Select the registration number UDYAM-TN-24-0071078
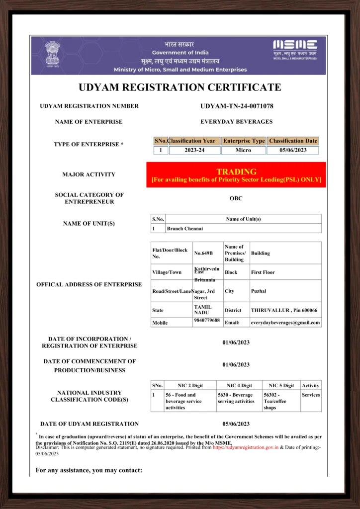237,106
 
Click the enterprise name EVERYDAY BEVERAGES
236,121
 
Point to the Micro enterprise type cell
243,150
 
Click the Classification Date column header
293,141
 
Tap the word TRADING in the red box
236,171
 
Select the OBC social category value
236,198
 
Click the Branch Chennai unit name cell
185,229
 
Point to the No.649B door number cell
203,253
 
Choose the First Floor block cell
263,272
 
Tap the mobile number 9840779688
207,320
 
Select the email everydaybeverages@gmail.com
285,323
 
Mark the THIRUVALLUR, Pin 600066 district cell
284,310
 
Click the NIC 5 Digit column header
281,385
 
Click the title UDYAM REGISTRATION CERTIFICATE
180,88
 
